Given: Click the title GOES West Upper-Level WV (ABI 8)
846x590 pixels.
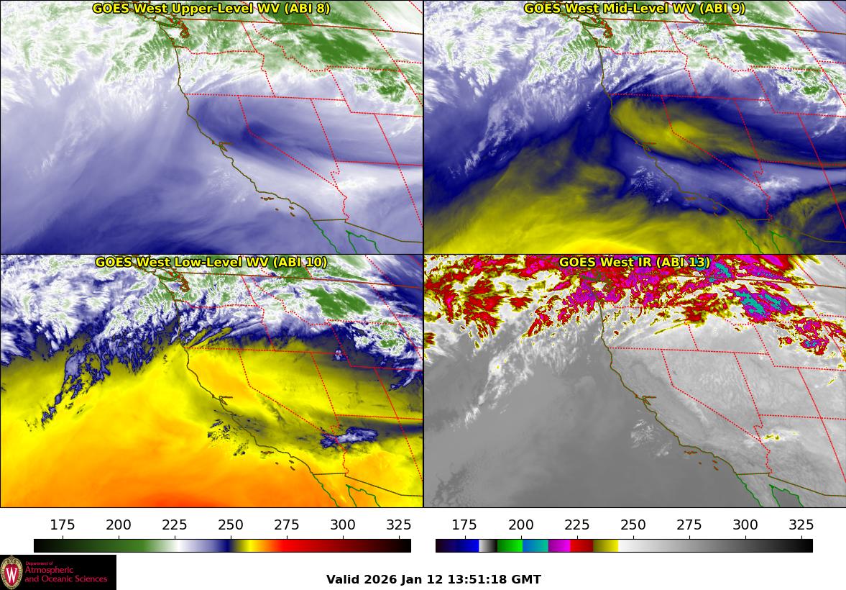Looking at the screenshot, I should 211,9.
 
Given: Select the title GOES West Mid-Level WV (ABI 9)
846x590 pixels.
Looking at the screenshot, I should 634,9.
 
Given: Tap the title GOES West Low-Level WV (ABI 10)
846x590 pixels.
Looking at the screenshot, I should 211,263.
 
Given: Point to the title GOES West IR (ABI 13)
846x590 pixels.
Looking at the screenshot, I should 634,263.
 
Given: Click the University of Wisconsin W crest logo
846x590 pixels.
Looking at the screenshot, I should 12,572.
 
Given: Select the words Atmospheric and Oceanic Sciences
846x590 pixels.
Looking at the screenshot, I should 65,574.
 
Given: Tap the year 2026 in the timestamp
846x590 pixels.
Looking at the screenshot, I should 377,580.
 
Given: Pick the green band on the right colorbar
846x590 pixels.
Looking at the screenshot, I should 509,546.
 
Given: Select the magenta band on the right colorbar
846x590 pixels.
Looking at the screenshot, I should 558,546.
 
